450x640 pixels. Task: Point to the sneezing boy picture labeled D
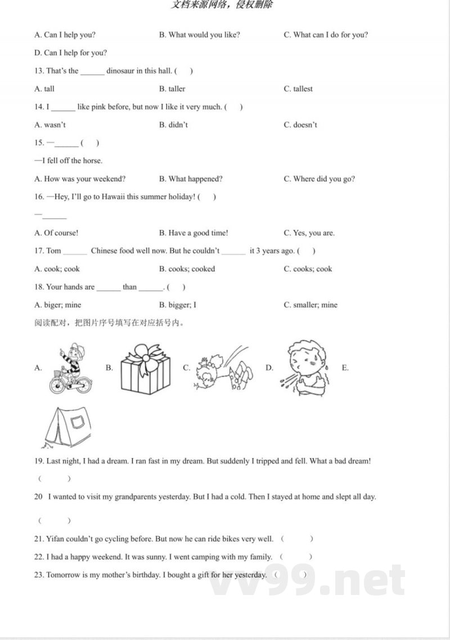coord(303,367)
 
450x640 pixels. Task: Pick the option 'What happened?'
coord(191,179)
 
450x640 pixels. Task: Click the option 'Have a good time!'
coord(193,233)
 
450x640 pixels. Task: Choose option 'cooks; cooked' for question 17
coord(187,269)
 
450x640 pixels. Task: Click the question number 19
coord(39,461)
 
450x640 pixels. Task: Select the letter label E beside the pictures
coord(345,368)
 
